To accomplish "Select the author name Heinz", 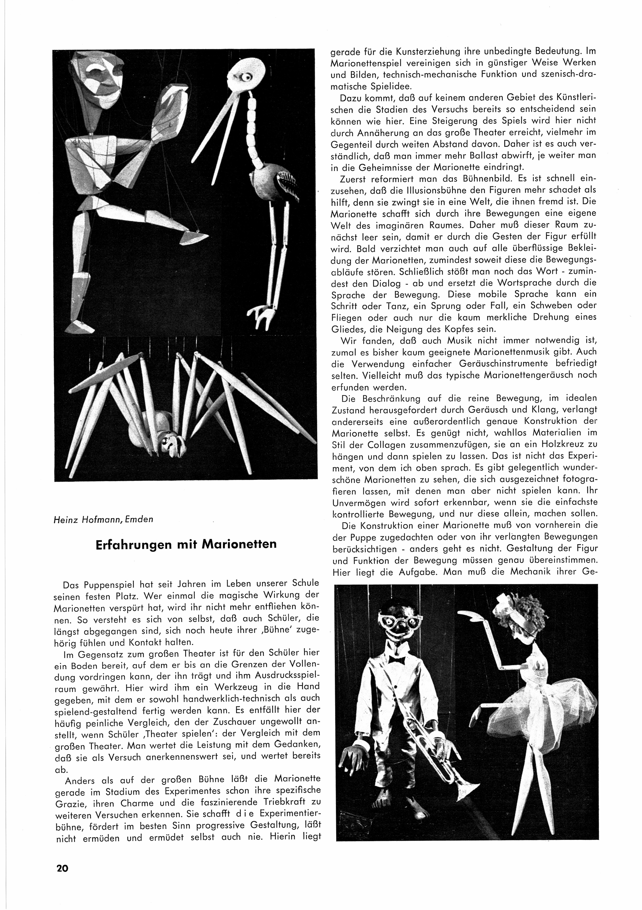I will [64, 519].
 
